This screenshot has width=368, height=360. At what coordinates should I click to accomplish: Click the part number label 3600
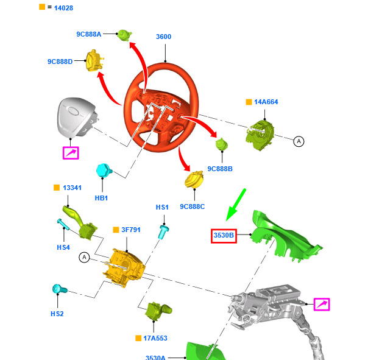[x=163, y=37]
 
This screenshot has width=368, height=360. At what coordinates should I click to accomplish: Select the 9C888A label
[x=89, y=34]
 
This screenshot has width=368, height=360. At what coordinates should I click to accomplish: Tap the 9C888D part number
[x=60, y=62]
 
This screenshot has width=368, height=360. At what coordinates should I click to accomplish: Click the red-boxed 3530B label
[x=224, y=236]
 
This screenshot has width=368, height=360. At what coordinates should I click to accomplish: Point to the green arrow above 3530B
[x=235, y=205]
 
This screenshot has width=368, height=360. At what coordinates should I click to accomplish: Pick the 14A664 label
[x=266, y=102]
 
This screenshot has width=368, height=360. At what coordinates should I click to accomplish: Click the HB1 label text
[x=101, y=198]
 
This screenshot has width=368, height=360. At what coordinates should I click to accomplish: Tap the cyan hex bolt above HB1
[x=104, y=171]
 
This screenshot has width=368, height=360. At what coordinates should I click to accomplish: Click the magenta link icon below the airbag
[x=71, y=153]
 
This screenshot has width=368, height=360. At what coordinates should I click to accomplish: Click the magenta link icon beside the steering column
[x=322, y=305]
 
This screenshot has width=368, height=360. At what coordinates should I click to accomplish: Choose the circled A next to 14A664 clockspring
[x=299, y=141]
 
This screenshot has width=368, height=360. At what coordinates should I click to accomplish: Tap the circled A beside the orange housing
[x=84, y=258]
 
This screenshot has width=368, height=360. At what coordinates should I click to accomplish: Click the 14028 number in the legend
[x=63, y=8]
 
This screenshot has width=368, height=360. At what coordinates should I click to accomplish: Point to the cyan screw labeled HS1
[x=163, y=231]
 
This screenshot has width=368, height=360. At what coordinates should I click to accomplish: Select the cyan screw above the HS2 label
[x=60, y=289]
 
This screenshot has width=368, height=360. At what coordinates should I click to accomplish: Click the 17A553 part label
[x=155, y=338]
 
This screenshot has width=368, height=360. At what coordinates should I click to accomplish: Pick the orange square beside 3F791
[x=116, y=230]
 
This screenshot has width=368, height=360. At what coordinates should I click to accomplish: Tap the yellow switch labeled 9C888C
[x=194, y=180]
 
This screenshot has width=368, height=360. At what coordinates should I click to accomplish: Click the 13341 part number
[x=72, y=188]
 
